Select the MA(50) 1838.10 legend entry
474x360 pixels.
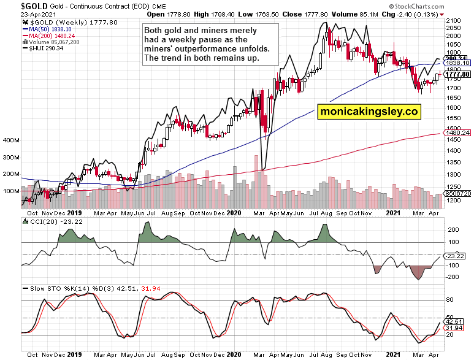(47, 29)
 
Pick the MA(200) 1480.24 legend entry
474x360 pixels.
(49, 36)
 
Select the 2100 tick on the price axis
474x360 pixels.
(454, 21)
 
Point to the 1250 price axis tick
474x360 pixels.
(454, 188)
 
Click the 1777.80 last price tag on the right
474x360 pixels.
(458, 74)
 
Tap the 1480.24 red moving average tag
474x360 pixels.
(458, 132)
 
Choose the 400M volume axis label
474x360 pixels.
(11, 140)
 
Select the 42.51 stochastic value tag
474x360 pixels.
(456, 321)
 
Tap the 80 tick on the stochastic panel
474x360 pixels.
(449, 300)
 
